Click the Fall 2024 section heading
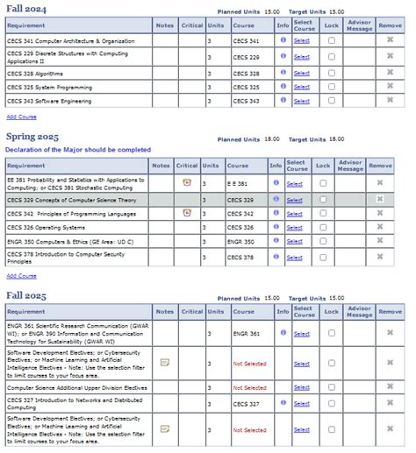tap(28, 9)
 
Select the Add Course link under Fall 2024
tap(21, 116)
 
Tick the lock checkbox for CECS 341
tap(331, 41)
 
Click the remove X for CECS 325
tap(390, 87)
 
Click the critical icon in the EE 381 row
tap(186, 182)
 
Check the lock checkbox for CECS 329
tap(324, 199)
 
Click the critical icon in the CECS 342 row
tap(186, 213)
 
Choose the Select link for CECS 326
tap(293, 227)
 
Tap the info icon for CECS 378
tap(275, 257)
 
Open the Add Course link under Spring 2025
tap(21, 275)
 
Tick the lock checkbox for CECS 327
tap(331, 404)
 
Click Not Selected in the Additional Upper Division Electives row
tap(249, 387)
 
